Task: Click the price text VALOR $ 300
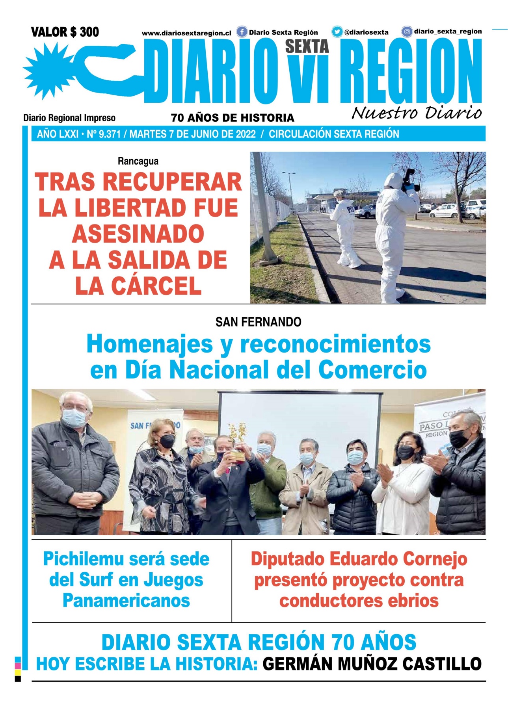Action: pos(65,32)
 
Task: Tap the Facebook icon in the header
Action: pos(242,32)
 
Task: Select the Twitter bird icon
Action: pos(337,32)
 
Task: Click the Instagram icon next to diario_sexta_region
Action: pos(407,32)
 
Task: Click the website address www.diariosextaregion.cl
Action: pos(186,33)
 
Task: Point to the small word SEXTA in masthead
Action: pos(307,46)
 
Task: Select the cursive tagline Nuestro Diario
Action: pos(416,113)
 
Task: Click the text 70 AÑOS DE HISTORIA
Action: pos(233,118)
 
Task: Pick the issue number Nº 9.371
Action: pos(104,134)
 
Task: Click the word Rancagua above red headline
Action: pos(138,161)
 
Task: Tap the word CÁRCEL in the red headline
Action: pos(156,286)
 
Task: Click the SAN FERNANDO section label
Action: pos(258,322)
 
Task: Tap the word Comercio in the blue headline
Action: pos(372,370)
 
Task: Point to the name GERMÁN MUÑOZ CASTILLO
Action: pos(372,664)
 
